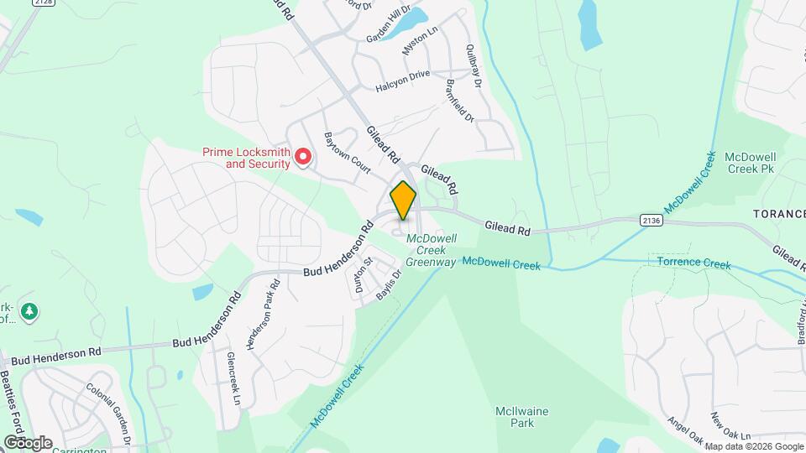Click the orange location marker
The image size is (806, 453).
point(403,200)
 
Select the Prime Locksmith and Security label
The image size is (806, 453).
point(246,158)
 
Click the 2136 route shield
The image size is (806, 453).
point(650,221)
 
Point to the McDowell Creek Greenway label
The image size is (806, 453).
point(431,250)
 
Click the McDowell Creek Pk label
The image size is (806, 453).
point(749,163)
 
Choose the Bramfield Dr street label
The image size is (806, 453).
point(461,102)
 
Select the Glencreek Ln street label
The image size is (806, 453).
point(233,379)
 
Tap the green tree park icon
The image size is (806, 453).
point(31,312)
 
